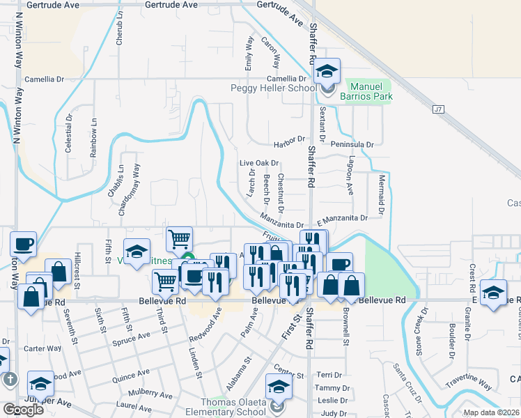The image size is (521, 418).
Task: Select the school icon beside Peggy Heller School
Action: click(326, 72)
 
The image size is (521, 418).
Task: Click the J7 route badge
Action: click(438, 109)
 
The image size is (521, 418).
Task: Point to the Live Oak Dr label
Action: click(259, 163)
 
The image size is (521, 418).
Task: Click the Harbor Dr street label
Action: click(290, 140)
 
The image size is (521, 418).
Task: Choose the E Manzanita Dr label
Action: click(341, 218)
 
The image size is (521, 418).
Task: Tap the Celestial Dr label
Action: click(69, 134)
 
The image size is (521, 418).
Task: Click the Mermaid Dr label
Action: click(382, 194)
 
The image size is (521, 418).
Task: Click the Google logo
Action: click(23, 410)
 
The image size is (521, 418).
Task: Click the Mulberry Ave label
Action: click(137, 393)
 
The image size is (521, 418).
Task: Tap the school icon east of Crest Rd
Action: click(493, 293)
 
